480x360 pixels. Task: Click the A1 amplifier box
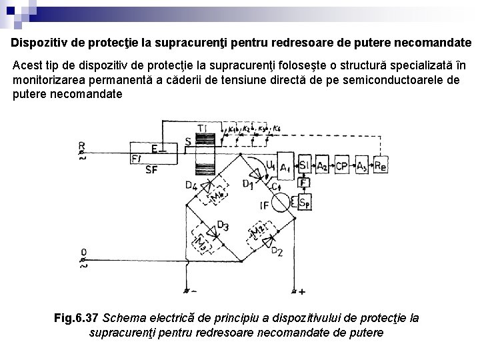tap(286, 166)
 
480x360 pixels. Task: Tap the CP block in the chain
tap(342, 166)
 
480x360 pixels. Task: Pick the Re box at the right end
tap(380, 166)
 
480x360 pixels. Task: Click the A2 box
tap(323, 166)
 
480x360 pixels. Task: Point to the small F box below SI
tap(304, 182)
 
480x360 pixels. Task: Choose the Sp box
tap(304, 201)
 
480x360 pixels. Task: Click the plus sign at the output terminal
tap(302, 292)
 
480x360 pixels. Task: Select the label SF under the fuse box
tap(152, 170)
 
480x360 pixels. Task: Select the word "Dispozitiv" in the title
tap(41, 43)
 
